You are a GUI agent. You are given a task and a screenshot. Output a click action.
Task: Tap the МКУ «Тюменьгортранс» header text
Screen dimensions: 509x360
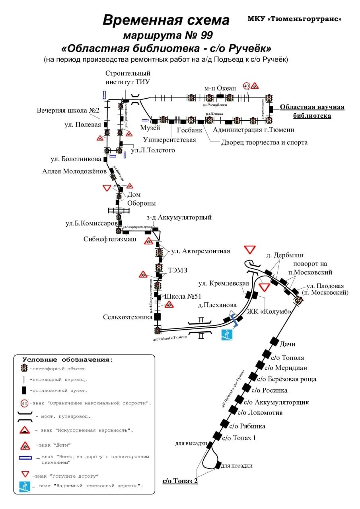(x=294, y=19)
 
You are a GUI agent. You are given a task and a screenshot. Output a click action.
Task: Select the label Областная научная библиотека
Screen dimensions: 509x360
(x=312, y=111)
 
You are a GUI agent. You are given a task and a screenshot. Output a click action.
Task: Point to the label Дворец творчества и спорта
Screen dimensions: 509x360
(x=264, y=142)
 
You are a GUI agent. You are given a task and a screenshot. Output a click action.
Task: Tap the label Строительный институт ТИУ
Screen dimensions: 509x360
(x=128, y=78)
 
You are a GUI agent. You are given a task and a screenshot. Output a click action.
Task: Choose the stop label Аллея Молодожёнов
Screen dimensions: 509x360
(x=74, y=171)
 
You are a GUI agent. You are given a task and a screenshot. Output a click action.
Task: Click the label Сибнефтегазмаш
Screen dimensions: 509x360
(x=110, y=239)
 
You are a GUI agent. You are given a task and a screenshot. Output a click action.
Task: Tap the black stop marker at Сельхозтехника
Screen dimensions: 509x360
(x=158, y=317)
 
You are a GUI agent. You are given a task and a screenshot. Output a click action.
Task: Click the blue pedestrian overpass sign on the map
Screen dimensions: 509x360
(x=227, y=335)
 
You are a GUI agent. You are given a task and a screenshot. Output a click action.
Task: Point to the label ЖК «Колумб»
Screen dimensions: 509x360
(x=269, y=311)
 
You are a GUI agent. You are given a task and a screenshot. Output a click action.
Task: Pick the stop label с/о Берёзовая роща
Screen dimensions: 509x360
(x=287, y=379)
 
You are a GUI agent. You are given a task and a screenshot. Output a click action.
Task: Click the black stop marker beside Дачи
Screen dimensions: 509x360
(x=274, y=341)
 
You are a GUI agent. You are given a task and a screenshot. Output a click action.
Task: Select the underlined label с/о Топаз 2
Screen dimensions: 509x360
(x=180, y=481)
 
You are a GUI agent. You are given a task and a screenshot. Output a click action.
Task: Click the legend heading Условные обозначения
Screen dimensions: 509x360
(x=68, y=359)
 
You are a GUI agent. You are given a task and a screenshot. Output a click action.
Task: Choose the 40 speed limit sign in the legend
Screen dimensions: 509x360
(x=25, y=403)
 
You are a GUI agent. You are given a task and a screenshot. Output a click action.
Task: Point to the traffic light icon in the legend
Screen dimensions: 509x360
(x=24, y=368)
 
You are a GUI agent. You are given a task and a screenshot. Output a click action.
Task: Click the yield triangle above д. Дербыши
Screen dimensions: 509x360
(x=250, y=250)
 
